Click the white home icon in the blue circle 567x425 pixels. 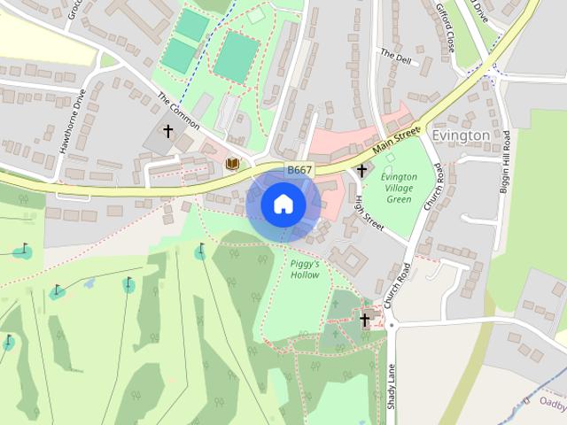tap(283, 204)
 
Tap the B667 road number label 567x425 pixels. tap(299, 170)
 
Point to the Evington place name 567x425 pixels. tap(461, 135)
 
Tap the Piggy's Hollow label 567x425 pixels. tap(305, 269)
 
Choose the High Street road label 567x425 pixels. tap(369, 212)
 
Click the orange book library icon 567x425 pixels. tap(233, 164)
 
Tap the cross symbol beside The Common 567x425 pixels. tap(167, 132)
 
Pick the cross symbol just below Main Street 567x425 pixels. tap(361, 170)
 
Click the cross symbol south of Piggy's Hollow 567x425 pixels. tap(364, 320)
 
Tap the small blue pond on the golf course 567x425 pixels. tap(89, 284)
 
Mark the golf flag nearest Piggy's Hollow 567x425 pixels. tap(201, 251)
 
